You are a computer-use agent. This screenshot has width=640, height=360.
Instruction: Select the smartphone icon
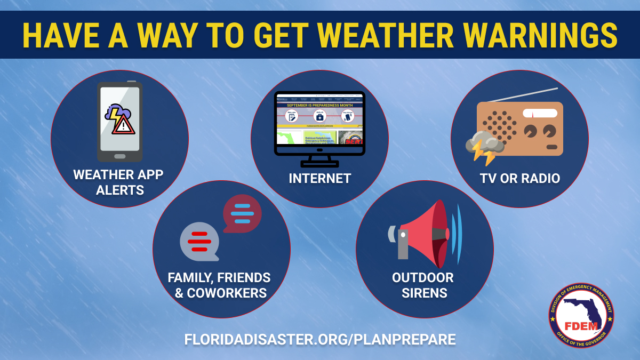pos(119,122)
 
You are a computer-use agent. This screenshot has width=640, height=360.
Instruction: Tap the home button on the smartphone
pos(120,156)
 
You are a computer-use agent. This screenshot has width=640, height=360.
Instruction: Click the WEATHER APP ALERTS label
pos(119,182)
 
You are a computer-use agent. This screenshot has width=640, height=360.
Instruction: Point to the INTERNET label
pos(319,178)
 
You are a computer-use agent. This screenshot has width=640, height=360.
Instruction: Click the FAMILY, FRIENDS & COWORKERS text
pos(219,285)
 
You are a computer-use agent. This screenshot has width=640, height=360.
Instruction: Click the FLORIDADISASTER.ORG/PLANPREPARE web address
pos(320,340)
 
